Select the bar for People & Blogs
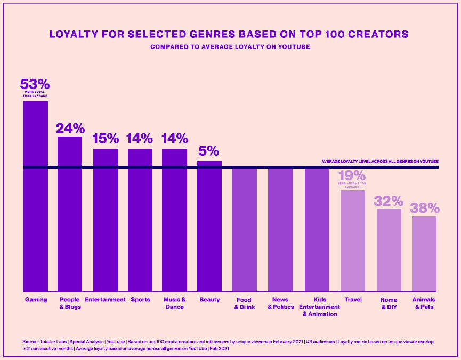(x=70, y=214)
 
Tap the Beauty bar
(x=209, y=226)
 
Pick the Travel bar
(x=353, y=241)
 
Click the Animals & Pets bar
(x=424, y=253)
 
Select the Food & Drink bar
(x=245, y=230)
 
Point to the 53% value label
(x=35, y=84)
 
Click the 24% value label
(x=70, y=129)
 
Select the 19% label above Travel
(x=352, y=175)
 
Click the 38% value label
(x=424, y=207)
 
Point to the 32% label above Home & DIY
(x=389, y=201)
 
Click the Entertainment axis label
(x=105, y=300)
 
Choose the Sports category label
(x=140, y=300)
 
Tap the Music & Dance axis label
(x=174, y=303)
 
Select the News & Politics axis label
(x=280, y=303)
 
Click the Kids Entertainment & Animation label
(x=319, y=307)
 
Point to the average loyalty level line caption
(x=379, y=161)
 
